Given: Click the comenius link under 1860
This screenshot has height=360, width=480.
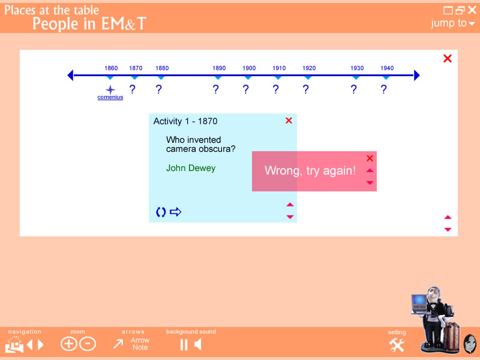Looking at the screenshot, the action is click(x=110, y=97).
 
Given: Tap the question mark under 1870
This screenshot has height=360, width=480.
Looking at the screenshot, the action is click(x=132, y=89).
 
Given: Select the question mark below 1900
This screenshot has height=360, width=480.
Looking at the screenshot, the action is click(x=245, y=89).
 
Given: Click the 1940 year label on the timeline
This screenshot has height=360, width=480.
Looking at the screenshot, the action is click(x=387, y=68).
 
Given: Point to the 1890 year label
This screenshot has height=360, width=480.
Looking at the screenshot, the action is click(x=219, y=68).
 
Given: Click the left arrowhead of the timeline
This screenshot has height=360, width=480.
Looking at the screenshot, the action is click(x=70, y=76).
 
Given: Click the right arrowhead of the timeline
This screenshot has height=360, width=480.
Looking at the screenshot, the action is click(x=417, y=76).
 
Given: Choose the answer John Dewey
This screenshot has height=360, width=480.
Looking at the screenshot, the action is click(x=191, y=168).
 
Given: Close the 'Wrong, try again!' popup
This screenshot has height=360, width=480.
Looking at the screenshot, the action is click(x=370, y=158).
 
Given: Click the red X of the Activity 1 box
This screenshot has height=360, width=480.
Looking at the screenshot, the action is click(x=289, y=121).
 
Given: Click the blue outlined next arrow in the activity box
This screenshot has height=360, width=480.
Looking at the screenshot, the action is click(x=176, y=212).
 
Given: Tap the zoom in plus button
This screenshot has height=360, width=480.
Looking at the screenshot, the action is click(x=68, y=344).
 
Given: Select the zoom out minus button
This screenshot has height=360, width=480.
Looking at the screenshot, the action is click(x=88, y=344).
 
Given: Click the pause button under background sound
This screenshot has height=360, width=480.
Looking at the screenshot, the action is click(x=184, y=344).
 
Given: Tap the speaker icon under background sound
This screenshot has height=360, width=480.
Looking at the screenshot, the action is click(x=198, y=344).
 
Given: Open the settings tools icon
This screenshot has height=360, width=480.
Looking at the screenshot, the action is click(x=397, y=346).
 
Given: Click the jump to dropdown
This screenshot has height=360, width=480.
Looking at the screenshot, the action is click(x=453, y=23).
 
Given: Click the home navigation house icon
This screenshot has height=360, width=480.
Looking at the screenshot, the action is click(x=14, y=344).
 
